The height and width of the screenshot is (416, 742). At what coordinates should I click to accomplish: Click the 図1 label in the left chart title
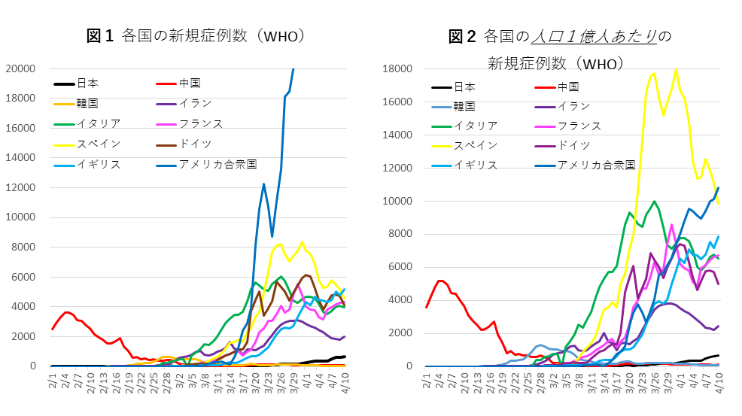coord(100,35)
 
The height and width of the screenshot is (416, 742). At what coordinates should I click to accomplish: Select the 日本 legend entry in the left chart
coord(87,84)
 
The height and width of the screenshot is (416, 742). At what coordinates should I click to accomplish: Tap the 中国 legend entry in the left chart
coord(190,84)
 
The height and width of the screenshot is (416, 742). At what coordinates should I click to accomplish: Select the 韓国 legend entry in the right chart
coord(464,106)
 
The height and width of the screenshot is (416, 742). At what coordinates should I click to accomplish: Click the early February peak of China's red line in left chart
coord(67,311)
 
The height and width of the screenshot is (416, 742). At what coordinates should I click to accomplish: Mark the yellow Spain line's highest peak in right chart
coord(676,69)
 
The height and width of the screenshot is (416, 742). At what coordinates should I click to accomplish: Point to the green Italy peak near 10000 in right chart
coord(654,201)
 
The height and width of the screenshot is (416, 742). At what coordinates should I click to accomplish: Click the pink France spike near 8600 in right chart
coord(671,224)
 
